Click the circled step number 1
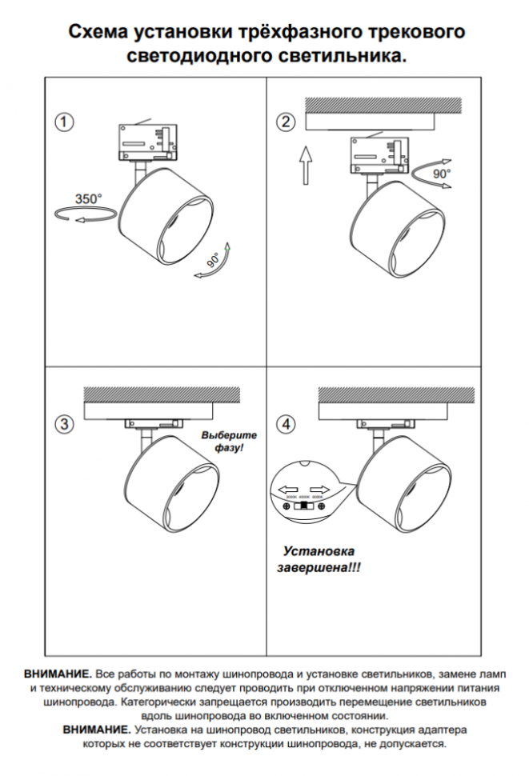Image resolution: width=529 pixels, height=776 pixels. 64,122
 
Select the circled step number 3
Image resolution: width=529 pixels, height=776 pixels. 64,422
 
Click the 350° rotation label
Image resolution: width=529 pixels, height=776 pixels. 89,198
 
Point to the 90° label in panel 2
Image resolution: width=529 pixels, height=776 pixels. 442,173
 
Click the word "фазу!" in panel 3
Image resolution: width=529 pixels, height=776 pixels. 228,449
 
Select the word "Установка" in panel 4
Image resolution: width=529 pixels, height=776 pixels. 319,552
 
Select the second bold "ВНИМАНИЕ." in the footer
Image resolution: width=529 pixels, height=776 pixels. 97,730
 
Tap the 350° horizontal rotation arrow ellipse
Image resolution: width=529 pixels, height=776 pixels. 80,214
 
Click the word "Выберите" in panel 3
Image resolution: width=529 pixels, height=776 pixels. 230,434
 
